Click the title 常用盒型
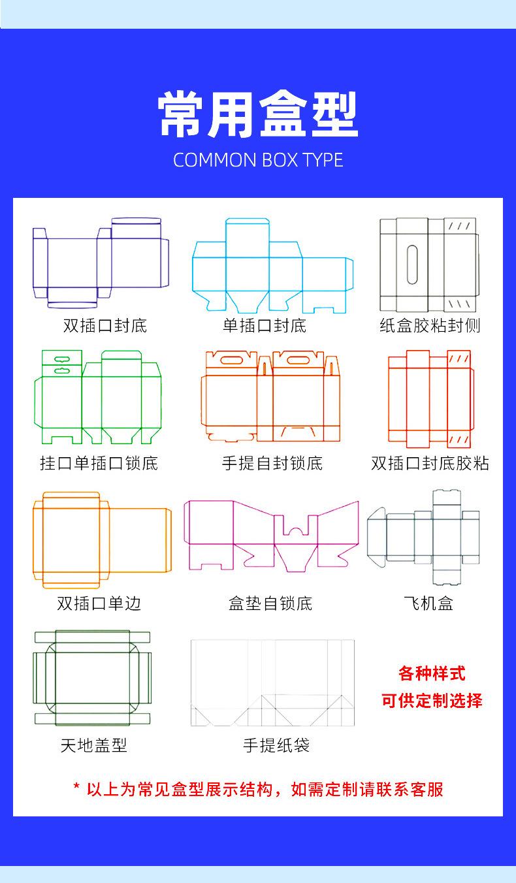(x=258, y=115)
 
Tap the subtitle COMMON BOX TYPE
(x=258, y=161)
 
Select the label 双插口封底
(x=105, y=325)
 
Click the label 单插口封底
(x=265, y=325)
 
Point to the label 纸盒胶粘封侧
(x=430, y=325)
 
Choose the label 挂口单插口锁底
(x=99, y=464)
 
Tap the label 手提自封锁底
(x=272, y=464)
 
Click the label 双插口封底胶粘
(x=430, y=464)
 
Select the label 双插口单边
(x=99, y=603)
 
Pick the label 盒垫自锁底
(x=270, y=603)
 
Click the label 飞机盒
(x=428, y=603)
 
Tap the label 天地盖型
(x=93, y=745)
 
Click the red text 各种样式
(x=432, y=673)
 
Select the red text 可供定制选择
(x=432, y=701)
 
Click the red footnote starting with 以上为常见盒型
(x=258, y=789)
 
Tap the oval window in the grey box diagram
(x=412, y=265)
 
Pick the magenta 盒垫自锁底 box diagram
(x=271, y=534)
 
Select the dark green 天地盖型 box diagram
(x=92, y=677)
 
